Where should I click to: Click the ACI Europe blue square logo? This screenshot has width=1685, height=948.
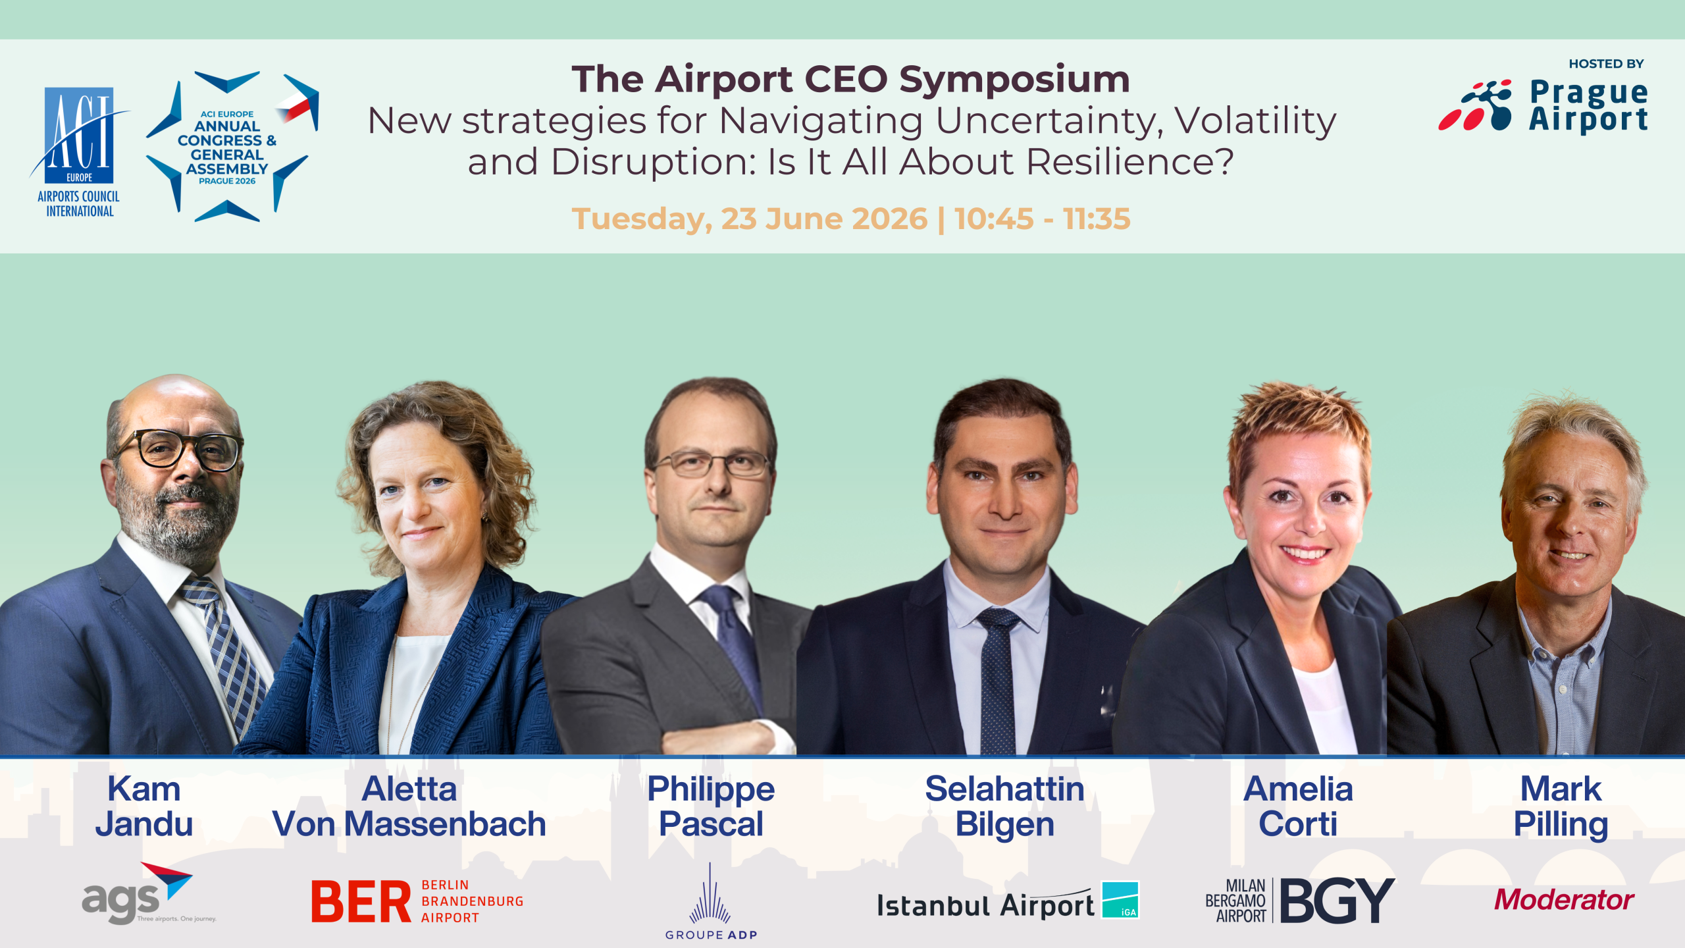coord(79,135)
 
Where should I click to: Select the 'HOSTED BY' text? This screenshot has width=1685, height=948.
coord(1606,64)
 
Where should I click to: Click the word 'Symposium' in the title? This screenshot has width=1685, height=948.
coord(1014,80)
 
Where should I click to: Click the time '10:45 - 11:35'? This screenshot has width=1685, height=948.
coord(1043,219)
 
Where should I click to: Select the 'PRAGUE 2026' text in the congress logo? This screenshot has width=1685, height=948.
coord(227,181)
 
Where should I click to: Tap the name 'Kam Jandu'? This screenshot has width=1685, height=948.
coord(144,806)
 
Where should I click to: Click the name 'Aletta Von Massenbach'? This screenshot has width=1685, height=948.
coord(409,806)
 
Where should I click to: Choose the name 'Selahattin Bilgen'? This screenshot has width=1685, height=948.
coord(1004,806)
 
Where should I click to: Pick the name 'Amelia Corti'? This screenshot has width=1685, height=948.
coord(1298,806)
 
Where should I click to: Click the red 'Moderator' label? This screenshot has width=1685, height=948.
coord(1564,900)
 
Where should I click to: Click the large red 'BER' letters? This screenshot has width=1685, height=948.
coord(361,901)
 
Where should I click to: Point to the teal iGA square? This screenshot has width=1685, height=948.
coord(1120,899)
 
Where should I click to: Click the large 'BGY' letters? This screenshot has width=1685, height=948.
coord(1337,900)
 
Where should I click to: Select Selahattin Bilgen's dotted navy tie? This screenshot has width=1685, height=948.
coord(998,681)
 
